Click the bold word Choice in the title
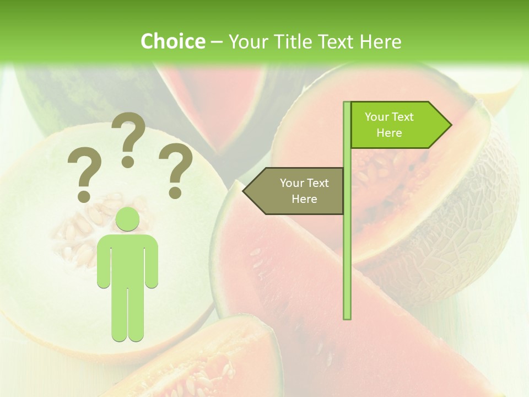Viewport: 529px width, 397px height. pos(172,41)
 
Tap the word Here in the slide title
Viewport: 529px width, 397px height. pos(380,41)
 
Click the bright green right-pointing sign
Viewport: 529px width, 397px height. pos(397,125)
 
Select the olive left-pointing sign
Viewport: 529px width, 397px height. pos(298,191)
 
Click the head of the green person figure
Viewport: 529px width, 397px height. pos(128,219)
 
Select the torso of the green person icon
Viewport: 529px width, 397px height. pos(128,259)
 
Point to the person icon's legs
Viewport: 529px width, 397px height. pos(128,314)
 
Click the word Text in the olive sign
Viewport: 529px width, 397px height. pos(317,183)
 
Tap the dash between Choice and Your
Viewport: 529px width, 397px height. pos(217,42)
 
